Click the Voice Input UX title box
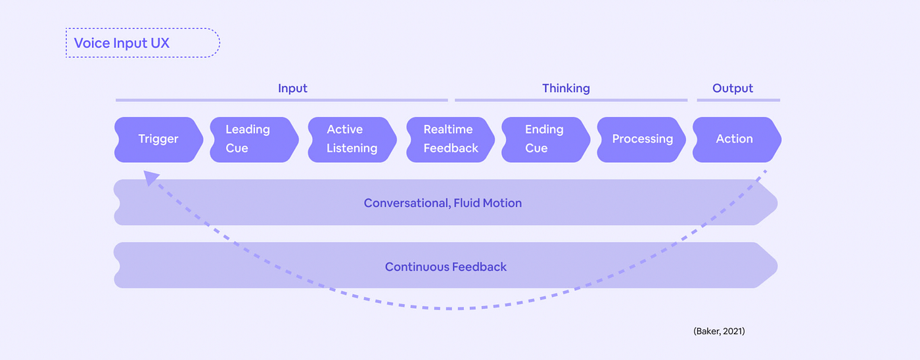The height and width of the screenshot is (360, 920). click(143, 43)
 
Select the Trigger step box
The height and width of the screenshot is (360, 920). click(158, 139)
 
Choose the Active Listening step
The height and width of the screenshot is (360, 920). click(352, 139)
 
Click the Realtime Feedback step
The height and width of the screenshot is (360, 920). click(450, 139)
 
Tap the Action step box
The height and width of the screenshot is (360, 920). click(734, 139)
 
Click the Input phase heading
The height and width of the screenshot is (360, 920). click(292, 88)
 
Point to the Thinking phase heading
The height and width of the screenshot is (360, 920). click(566, 88)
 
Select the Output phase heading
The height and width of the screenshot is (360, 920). click(733, 88)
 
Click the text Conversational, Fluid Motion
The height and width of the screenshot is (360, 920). click(443, 203)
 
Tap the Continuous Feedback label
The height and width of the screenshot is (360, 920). click(446, 267)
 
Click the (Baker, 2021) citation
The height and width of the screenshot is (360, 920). click(719, 332)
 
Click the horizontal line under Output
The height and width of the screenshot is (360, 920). click(738, 101)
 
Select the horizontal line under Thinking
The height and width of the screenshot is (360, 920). click(570, 101)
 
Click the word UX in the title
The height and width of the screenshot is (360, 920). click(159, 43)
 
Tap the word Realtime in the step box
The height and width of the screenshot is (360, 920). click(449, 129)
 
